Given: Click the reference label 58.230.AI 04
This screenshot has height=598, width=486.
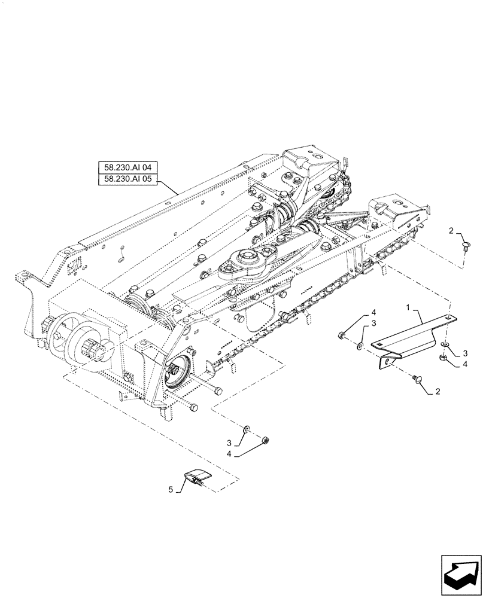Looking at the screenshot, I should [x=127, y=168].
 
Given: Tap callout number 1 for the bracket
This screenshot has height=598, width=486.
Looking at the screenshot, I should [x=408, y=306].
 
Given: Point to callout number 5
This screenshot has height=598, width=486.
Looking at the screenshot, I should [x=171, y=490].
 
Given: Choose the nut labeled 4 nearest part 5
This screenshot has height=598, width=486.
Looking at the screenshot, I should [x=265, y=441].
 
